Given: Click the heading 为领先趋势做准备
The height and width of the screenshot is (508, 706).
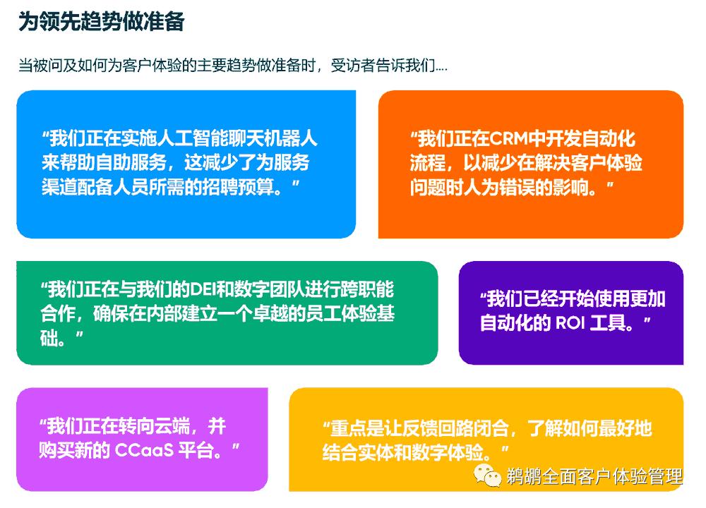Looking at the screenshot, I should [x=101, y=22].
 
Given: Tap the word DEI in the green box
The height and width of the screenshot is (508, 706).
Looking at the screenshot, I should [x=208, y=290].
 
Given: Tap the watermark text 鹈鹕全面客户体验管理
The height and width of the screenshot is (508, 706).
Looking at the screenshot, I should [x=594, y=476].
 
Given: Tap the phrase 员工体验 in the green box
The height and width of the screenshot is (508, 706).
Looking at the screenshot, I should [x=341, y=314].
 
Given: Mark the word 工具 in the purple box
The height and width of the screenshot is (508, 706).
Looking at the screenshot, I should [x=621, y=322].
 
